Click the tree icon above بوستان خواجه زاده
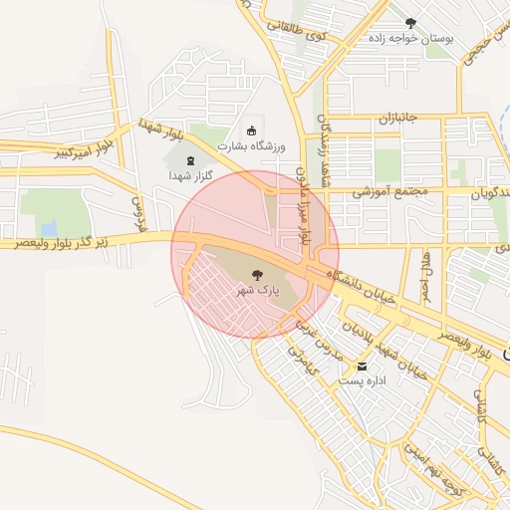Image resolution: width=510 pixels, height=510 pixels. point(410,22)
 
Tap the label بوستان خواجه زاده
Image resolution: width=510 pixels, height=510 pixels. point(411,39)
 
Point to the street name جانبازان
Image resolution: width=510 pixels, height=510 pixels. point(396,118)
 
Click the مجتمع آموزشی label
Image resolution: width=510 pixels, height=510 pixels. point(389,189)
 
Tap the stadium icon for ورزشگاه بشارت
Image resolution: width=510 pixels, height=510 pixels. point(251,130)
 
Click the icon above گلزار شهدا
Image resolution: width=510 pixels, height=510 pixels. point(191,159)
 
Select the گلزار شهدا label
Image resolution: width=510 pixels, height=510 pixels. point(191,175)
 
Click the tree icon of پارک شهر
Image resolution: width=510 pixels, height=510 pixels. point(257,274)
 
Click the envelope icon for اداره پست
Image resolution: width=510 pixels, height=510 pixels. point(362,366)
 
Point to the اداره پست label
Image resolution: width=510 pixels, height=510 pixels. point(362,382)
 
